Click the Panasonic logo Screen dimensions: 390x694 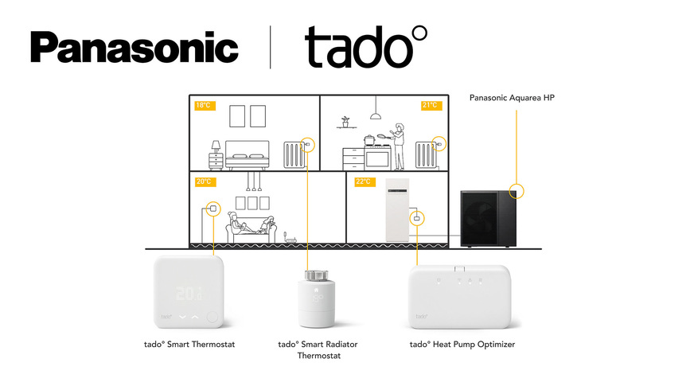point(134,49)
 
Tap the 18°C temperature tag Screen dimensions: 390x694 point(204,105)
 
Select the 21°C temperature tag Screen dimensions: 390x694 point(431,105)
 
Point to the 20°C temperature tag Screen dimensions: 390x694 point(204,181)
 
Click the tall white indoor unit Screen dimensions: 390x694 point(397,210)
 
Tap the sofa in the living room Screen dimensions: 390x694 point(251,232)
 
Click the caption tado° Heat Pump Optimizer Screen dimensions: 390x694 point(462,345)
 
